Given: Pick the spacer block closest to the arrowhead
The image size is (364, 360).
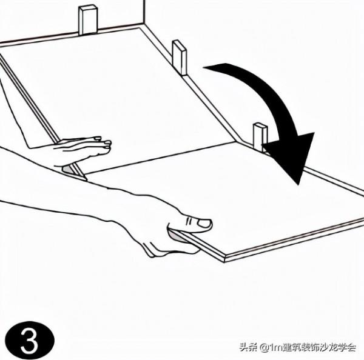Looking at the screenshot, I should [x=260, y=136].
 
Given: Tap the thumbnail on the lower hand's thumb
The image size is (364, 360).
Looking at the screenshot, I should [x=203, y=224].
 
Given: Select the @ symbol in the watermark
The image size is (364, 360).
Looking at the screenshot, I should [x=264, y=348].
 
